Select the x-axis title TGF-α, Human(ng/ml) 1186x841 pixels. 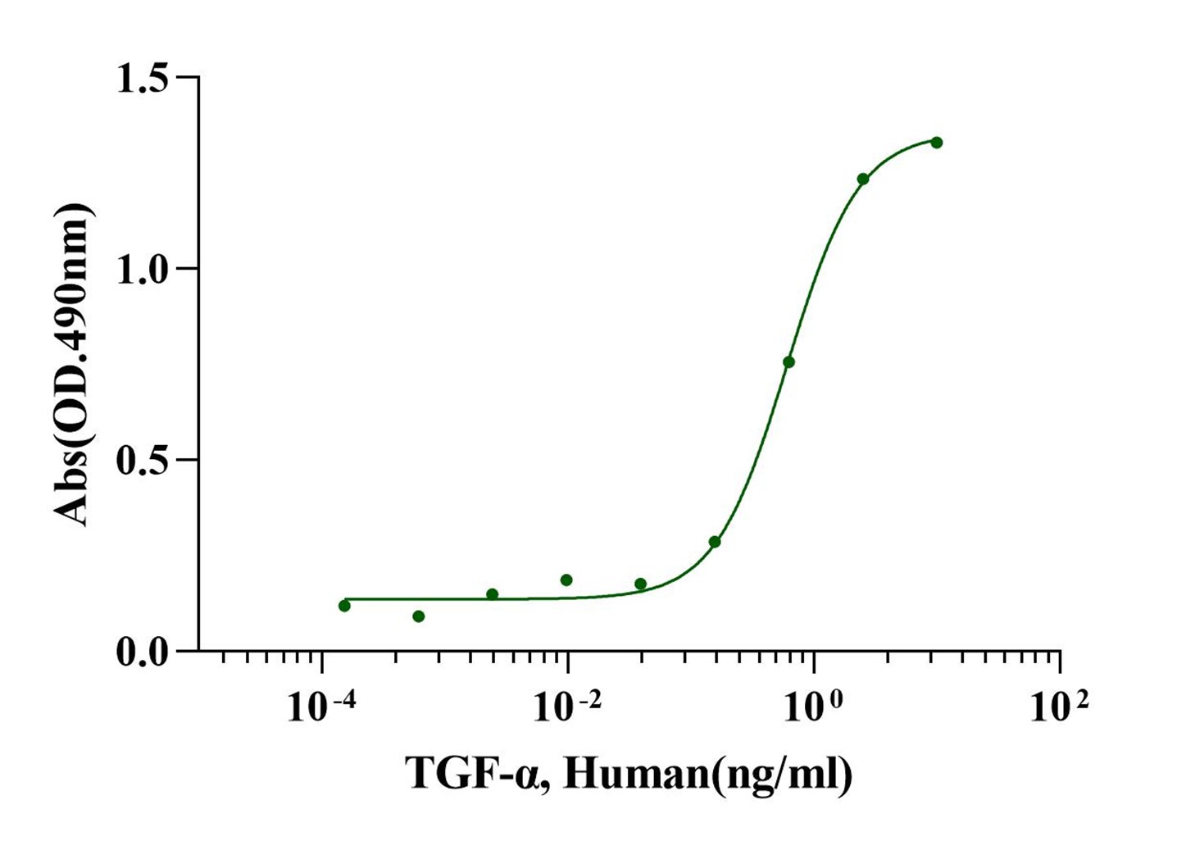coord(629,772)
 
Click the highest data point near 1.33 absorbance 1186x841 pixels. coord(937,143)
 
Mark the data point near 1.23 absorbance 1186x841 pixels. coord(862,179)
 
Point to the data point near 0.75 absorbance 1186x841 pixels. coord(788,362)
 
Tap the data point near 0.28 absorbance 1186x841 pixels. coord(715,542)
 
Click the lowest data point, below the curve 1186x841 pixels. coord(419,616)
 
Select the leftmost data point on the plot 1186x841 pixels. coord(344,606)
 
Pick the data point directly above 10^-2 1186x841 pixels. coord(566,580)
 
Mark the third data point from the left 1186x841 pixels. coord(493,594)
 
